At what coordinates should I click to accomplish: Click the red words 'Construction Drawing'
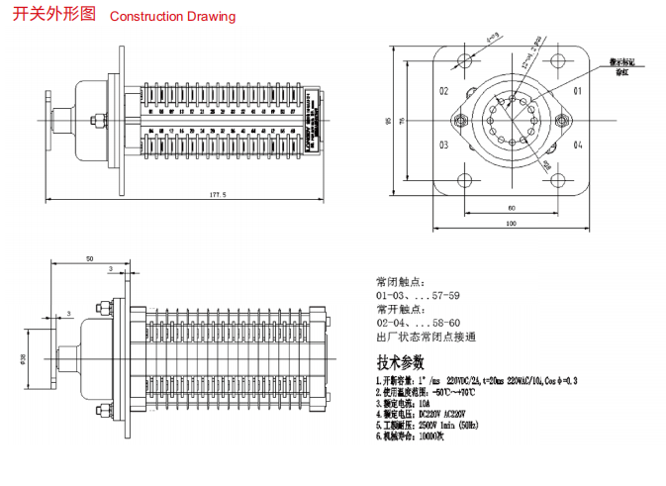tap(172, 16)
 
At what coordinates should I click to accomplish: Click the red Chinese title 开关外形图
tap(54, 15)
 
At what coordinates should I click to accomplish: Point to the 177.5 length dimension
tap(218, 195)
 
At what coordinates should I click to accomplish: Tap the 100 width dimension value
tap(511, 224)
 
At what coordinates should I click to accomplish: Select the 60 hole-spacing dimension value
tap(511, 208)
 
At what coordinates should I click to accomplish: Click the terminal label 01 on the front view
tap(578, 92)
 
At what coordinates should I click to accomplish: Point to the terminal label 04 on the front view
tap(578, 146)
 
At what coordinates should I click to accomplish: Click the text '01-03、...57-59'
tap(418, 295)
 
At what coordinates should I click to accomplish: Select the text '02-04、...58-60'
tap(418, 323)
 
